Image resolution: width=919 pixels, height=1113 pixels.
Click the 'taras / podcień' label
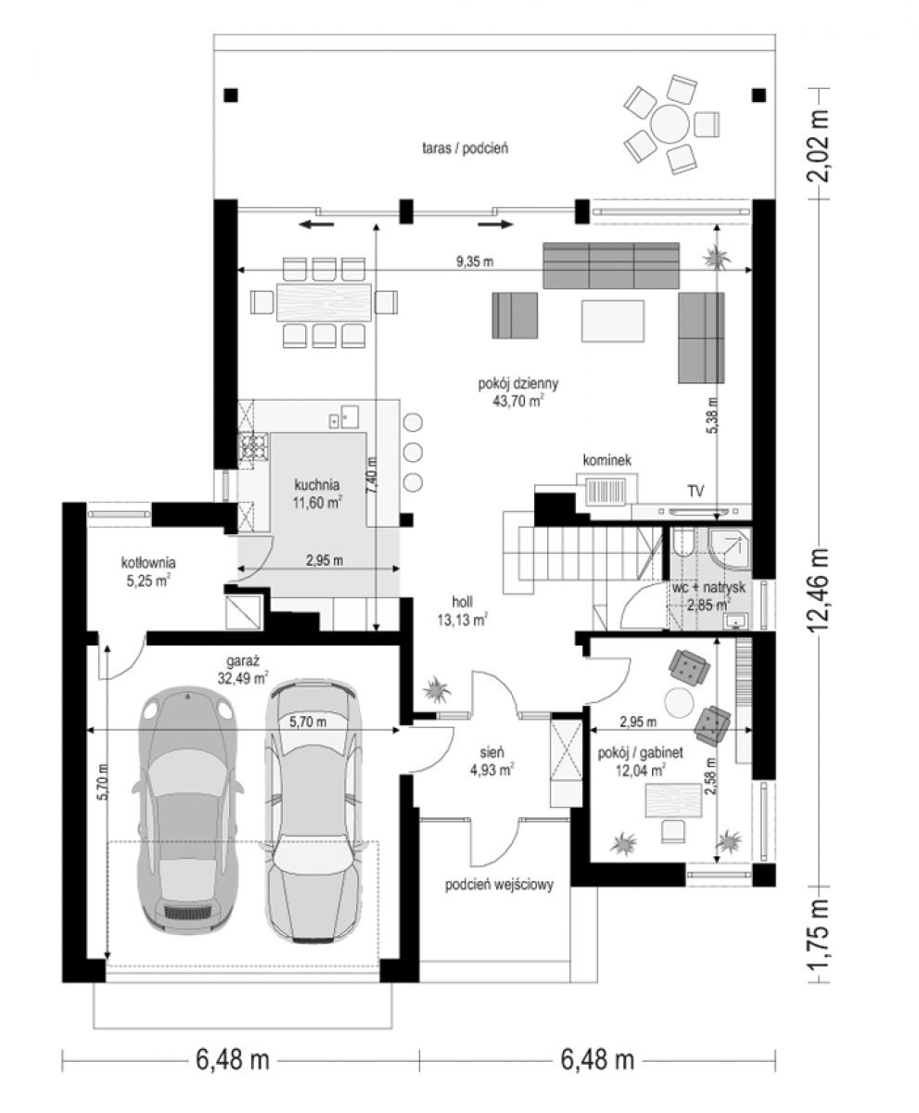click(x=465, y=148)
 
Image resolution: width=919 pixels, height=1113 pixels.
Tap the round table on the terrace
click(x=670, y=124)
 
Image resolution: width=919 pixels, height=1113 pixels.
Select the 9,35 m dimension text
click(x=475, y=262)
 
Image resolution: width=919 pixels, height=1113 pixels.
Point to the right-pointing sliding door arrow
click(x=496, y=224)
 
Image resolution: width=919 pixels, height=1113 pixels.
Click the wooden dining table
click(x=324, y=302)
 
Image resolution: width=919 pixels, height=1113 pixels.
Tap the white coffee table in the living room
click(x=612, y=320)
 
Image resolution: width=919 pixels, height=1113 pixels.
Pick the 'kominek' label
click(x=607, y=459)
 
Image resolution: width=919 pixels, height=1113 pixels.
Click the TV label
click(x=696, y=491)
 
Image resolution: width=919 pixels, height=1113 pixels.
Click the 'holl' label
click(x=462, y=602)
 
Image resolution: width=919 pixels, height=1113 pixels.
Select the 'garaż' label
click(x=243, y=661)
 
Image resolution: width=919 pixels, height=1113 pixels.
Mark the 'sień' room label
click(x=491, y=752)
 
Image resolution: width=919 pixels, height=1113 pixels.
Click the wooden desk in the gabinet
click(x=673, y=800)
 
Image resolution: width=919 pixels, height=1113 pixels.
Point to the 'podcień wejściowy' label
click(x=500, y=885)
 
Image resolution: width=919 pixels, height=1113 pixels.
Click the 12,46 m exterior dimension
click(x=818, y=591)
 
